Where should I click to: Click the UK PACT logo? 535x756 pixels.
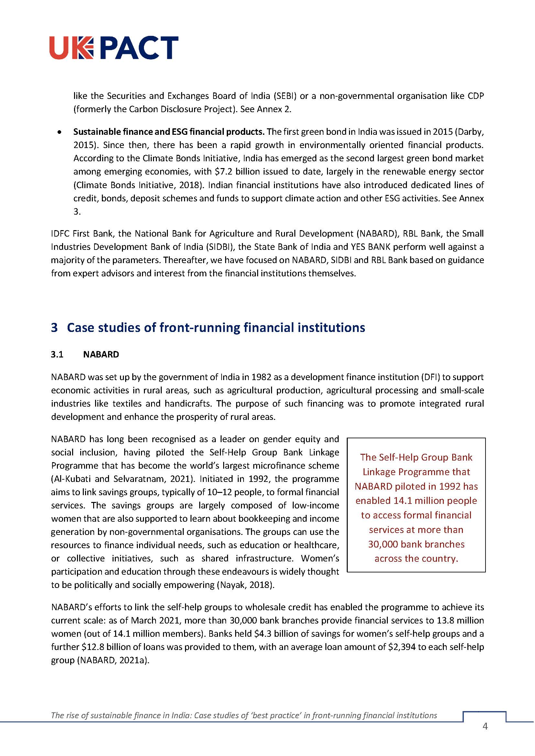click(x=114, y=48)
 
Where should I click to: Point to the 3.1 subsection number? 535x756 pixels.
click(x=57, y=355)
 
